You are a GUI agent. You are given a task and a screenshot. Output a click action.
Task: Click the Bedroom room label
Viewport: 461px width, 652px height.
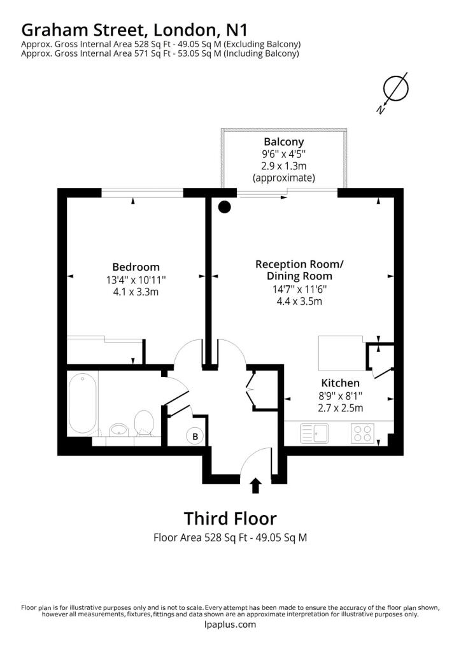136,267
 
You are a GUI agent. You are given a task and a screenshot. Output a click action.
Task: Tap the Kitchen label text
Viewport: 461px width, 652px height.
340,383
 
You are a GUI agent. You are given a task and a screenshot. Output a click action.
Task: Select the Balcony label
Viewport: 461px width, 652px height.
284,142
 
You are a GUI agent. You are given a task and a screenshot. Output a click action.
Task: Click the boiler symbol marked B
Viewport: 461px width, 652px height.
195,437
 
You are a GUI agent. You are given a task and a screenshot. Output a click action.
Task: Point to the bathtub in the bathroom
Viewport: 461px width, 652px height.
82,402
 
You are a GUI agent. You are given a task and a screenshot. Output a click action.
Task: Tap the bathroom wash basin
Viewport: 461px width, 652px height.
119,430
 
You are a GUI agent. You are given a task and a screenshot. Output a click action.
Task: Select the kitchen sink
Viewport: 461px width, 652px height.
315,433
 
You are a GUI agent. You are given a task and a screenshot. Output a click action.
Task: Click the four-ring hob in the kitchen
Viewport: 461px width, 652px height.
362,433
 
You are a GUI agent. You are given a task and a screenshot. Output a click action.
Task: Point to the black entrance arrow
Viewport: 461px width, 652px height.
256,486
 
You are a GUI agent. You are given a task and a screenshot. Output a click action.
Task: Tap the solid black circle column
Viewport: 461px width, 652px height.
225,207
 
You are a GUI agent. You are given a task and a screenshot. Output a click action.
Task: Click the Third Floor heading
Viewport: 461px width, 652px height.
230,518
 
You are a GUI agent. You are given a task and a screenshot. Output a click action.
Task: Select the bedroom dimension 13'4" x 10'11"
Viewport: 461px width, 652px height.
136,280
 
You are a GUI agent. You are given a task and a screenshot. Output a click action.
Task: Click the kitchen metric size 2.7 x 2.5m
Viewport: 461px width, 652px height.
341,408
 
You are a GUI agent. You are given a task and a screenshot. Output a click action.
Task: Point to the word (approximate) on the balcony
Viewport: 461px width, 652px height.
284,178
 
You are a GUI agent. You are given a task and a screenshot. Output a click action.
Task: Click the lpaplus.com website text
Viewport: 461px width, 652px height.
230,624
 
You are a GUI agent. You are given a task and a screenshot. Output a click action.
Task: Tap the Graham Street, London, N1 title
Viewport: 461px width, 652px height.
134,30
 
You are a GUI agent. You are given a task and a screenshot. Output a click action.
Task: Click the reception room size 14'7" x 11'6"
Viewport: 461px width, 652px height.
299,289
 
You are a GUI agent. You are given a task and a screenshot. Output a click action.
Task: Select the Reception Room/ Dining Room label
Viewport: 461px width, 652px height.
299,270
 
